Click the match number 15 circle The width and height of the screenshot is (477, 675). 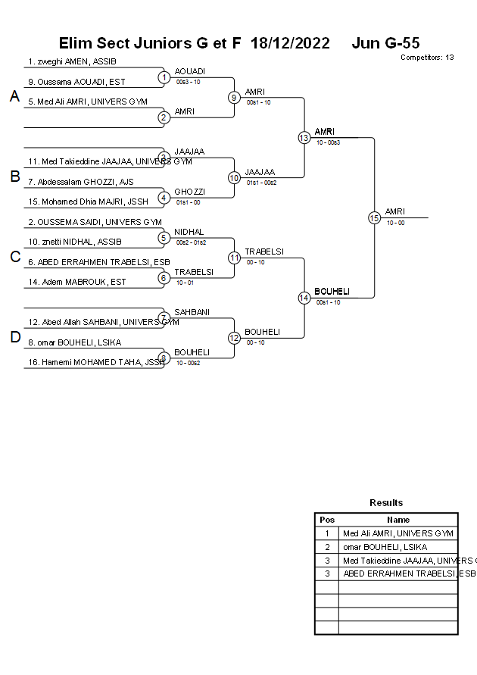click(374, 217)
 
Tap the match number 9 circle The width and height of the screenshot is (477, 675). click(234, 97)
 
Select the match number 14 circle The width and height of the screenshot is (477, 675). click(304, 298)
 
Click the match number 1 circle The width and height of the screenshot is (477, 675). click(164, 77)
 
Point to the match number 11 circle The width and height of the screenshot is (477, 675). click(234, 258)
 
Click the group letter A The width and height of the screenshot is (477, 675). click(14, 96)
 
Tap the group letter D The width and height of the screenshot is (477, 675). click(14, 337)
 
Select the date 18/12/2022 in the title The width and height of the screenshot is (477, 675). click(290, 43)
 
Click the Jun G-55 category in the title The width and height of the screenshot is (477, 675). click(385, 43)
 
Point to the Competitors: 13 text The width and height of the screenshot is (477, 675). click(427, 58)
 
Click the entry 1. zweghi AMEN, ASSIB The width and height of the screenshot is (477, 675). click(72, 61)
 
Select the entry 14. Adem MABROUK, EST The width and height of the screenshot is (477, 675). click(77, 282)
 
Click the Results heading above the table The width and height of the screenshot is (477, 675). click(386, 502)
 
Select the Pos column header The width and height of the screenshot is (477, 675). click(327, 520)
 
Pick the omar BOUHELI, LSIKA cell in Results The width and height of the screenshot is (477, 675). click(385, 547)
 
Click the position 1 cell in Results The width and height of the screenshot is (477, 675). click(327, 533)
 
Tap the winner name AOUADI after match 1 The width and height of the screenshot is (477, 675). click(190, 71)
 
